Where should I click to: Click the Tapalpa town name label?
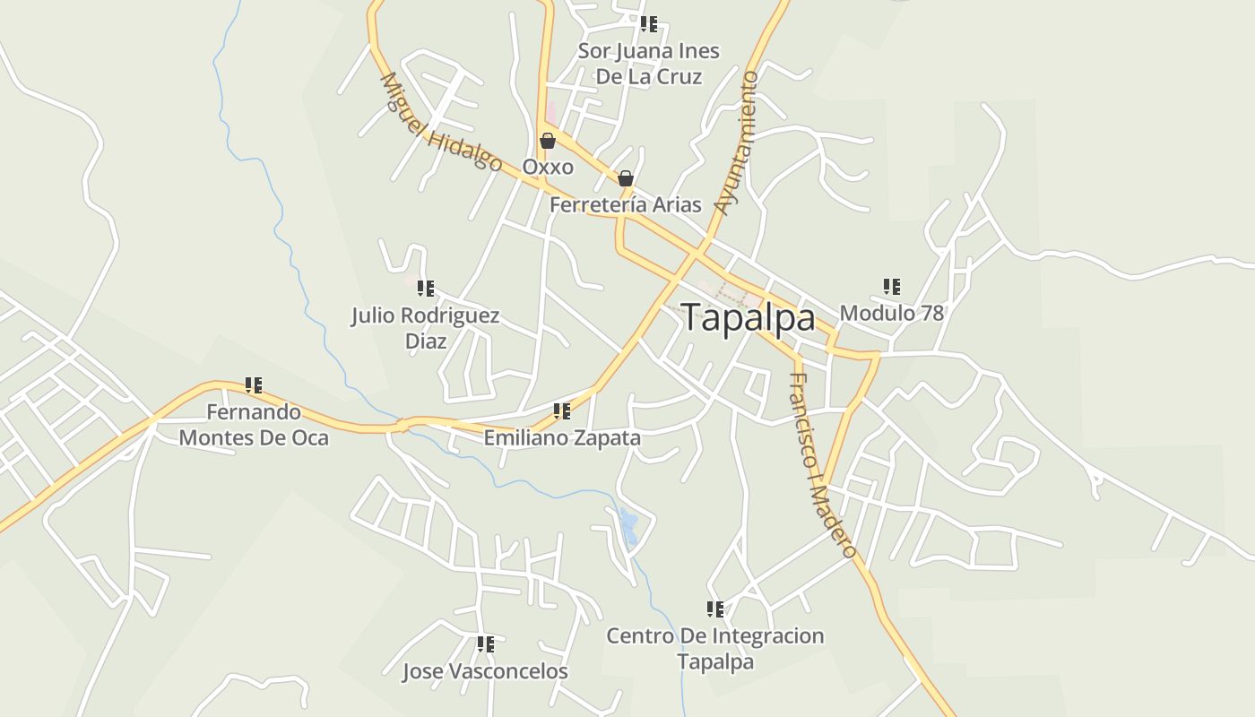748,318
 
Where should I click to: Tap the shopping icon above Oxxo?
548,141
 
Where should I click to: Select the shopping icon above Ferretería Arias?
626,178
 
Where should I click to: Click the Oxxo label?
548,168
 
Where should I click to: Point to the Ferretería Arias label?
625,205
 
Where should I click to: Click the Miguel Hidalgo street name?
440,122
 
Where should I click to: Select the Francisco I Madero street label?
822,465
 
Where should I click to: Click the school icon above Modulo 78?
891,287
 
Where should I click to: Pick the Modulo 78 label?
891,314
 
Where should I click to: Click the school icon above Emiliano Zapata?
562,411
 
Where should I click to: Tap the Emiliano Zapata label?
562,438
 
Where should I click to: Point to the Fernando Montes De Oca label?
254,425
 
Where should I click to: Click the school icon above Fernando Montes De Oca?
254,385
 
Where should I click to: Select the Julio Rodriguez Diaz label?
425,328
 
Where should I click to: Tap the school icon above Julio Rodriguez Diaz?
426,289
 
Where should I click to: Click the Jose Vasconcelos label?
485,671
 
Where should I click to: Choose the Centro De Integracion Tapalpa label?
714,649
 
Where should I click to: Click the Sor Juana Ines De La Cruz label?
648,64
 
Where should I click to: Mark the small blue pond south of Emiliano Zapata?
629,527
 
